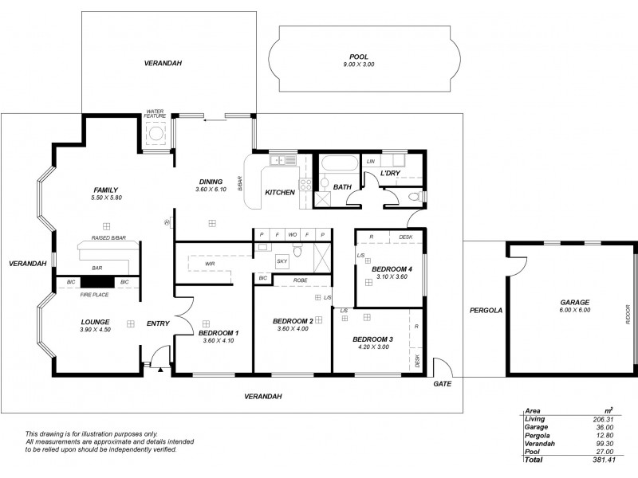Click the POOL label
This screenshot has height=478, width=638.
coord(359,57)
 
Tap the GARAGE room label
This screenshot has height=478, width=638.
coord(574,302)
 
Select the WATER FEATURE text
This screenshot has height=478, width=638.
coord(155,114)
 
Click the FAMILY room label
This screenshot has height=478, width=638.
coord(104,190)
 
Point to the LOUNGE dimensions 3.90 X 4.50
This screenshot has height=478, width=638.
coord(94,330)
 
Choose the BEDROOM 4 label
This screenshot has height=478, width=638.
coord(391,269)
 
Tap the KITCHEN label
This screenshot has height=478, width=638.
coord(280,193)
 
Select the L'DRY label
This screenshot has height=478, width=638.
coord(389,173)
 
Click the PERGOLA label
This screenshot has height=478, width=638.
coord(485,309)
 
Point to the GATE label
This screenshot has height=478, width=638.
coord(442,383)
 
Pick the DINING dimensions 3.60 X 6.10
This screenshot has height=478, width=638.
coord(211,190)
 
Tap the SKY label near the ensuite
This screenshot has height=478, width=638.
coord(282,261)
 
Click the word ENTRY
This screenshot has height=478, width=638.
coord(158,323)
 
